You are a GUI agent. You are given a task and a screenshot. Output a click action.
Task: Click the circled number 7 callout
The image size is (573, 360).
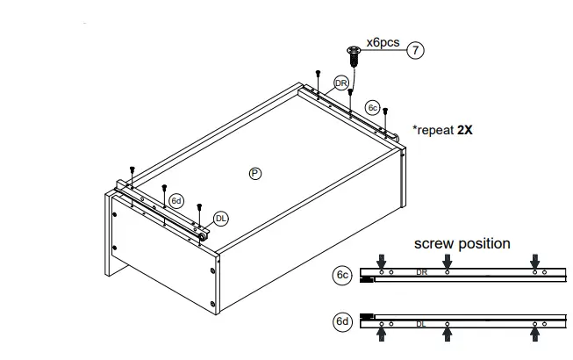click(x=416, y=50)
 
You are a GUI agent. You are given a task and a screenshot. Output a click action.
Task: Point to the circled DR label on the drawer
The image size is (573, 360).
click(x=342, y=83)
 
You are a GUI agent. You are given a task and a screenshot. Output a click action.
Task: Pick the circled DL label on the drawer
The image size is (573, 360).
click(x=221, y=220)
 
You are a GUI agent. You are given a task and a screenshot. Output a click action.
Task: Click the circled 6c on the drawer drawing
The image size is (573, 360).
click(x=373, y=108)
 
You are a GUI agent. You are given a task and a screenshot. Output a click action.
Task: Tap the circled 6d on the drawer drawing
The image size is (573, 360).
click(x=176, y=201)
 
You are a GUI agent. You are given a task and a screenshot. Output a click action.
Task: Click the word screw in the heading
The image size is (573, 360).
click(x=436, y=243)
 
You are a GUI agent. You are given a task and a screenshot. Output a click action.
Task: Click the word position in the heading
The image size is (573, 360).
click(x=483, y=243)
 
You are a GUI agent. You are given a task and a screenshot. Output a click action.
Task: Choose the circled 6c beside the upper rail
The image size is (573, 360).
click(x=343, y=275)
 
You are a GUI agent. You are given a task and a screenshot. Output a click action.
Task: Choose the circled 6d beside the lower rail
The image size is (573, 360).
click(x=343, y=322)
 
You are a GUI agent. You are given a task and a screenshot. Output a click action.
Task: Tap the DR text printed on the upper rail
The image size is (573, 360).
click(x=421, y=273)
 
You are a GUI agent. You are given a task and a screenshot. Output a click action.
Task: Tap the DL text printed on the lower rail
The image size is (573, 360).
click(x=421, y=323)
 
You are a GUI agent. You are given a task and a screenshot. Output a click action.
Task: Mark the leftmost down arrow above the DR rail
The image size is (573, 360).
click(x=381, y=260)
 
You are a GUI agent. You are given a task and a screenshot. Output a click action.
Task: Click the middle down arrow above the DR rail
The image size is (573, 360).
click(x=448, y=260)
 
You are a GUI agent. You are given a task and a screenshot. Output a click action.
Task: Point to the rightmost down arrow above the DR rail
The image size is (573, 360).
click(x=535, y=260)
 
